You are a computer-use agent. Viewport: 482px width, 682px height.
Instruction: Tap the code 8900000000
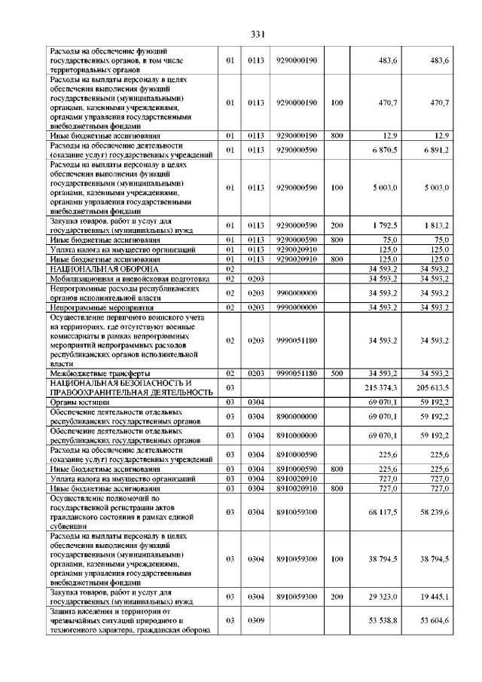(x=297, y=417)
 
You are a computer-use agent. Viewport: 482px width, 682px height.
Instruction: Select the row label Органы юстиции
(x=80, y=402)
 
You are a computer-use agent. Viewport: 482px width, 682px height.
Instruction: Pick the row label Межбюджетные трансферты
(x=100, y=373)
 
